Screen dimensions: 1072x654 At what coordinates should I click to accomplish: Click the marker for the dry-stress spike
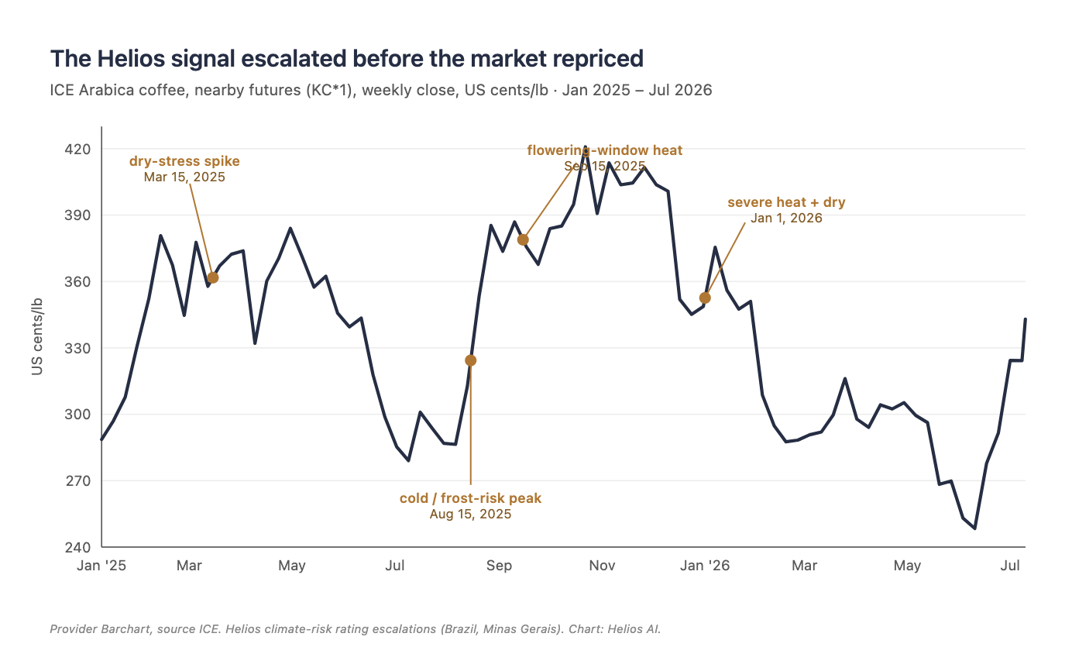tap(213, 277)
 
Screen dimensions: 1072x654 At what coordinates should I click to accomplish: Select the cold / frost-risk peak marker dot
tap(470, 360)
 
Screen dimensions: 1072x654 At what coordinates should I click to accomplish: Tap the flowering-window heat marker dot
tap(523, 240)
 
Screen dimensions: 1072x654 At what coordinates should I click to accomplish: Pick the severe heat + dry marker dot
tap(705, 298)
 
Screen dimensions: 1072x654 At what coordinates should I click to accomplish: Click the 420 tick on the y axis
tap(77, 150)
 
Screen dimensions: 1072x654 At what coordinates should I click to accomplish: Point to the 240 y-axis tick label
tap(77, 547)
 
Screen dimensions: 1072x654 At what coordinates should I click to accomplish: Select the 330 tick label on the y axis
tap(77, 348)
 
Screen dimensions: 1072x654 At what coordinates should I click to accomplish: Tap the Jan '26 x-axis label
tap(705, 566)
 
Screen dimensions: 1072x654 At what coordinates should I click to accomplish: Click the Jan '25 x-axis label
tap(101, 566)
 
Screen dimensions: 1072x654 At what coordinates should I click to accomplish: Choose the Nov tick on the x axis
tap(602, 566)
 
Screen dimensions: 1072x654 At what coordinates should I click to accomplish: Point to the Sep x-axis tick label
tap(499, 566)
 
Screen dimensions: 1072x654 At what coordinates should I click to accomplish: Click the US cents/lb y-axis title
tap(37, 336)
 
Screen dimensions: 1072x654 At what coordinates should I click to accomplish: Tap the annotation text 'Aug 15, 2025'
tap(470, 515)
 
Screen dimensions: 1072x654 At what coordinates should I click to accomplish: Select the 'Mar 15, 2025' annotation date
tap(184, 177)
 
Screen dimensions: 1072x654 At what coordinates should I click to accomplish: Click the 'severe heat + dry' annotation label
tap(786, 202)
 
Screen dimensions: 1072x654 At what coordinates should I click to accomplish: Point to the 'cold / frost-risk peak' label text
tap(470, 498)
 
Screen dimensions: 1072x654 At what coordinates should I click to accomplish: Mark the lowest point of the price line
tap(975, 528)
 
